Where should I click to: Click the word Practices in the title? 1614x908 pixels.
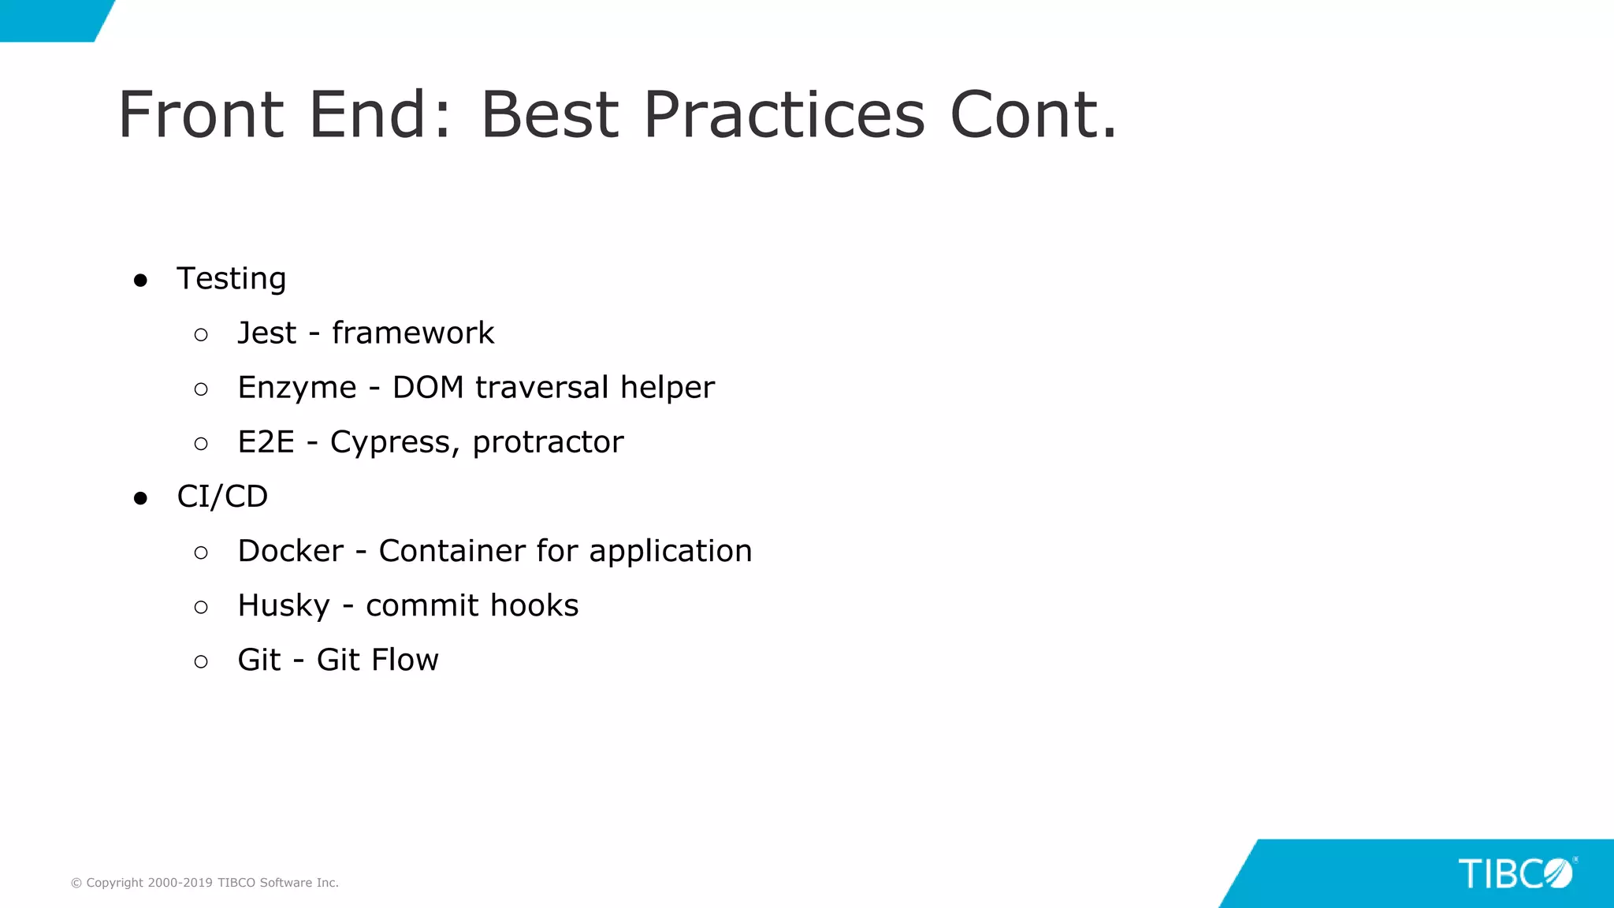point(783,115)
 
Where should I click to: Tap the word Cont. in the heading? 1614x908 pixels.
point(1033,115)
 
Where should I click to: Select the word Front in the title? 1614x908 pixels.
point(201,115)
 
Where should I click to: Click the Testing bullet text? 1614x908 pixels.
point(231,279)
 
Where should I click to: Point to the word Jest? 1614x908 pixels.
point(267,333)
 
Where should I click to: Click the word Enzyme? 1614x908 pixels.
point(297,389)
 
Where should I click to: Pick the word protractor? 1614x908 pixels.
point(548,443)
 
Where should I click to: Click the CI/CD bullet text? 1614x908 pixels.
point(222,497)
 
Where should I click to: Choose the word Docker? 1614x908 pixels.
point(291,551)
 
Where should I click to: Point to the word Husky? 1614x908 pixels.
point(284,606)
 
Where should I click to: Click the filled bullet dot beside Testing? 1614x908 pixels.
point(141,281)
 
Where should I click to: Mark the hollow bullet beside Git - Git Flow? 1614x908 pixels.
point(201,662)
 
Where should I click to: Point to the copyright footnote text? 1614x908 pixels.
point(205,883)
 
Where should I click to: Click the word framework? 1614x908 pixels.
point(413,333)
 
